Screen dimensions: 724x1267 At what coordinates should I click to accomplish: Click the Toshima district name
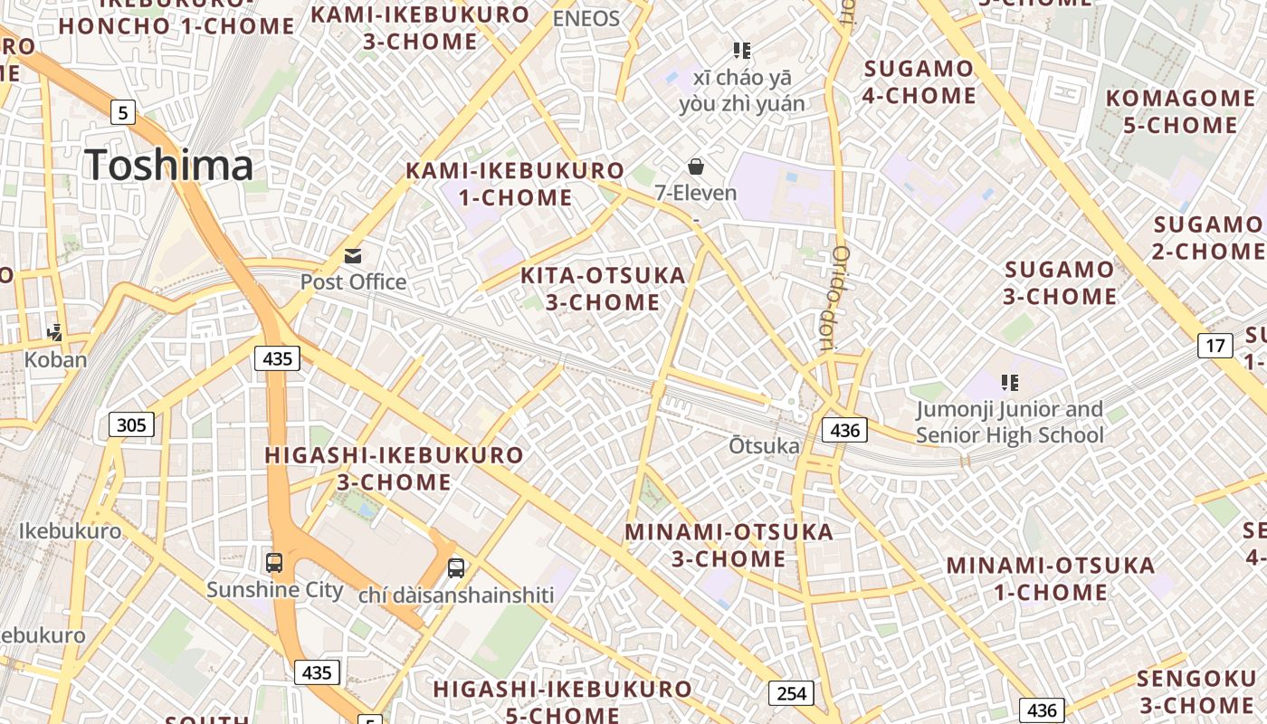pyautogui.click(x=168, y=165)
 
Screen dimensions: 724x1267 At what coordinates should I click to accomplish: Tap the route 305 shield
pyautogui.click(x=132, y=424)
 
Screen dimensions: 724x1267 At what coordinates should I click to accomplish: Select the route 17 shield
pyautogui.click(x=1215, y=345)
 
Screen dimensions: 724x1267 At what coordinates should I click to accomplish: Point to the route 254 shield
pyautogui.click(x=791, y=693)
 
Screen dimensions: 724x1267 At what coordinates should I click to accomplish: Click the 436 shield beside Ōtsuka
pyautogui.click(x=844, y=430)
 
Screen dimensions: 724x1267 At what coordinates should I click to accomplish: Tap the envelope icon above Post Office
pyautogui.click(x=353, y=256)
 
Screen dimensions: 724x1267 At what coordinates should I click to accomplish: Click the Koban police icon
pyautogui.click(x=55, y=333)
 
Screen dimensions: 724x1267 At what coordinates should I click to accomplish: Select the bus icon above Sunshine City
pyautogui.click(x=274, y=562)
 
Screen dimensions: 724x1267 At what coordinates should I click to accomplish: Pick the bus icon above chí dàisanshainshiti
pyautogui.click(x=456, y=568)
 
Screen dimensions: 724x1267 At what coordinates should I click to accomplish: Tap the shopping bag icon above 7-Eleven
pyautogui.click(x=696, y=167)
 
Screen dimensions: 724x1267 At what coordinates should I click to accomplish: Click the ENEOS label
pyautogui.click(x=586, y=19)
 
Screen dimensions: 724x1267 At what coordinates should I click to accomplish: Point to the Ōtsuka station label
pyautogui.click(x=765, y=446)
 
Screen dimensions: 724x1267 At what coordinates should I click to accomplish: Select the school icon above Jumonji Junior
pyautogui.click(x=1010, y=383)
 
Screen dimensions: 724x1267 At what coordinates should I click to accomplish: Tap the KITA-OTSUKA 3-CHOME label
pyautogui.click(x=604, y=289)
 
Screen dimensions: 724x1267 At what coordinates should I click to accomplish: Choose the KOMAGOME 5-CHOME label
pyautogui.click(x=1180, y=111)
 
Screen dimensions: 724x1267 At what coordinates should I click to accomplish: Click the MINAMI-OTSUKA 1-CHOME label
pyautogui.click(x=1051, y=579)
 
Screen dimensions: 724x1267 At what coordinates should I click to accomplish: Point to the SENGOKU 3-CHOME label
pyautogui.click(x=1196, y=691)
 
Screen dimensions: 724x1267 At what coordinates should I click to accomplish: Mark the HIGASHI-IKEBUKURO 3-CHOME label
pyautogui.click(x=394, y=468)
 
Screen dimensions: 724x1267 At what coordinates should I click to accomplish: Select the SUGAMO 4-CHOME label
pyautogui.click(x=919, y=81)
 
